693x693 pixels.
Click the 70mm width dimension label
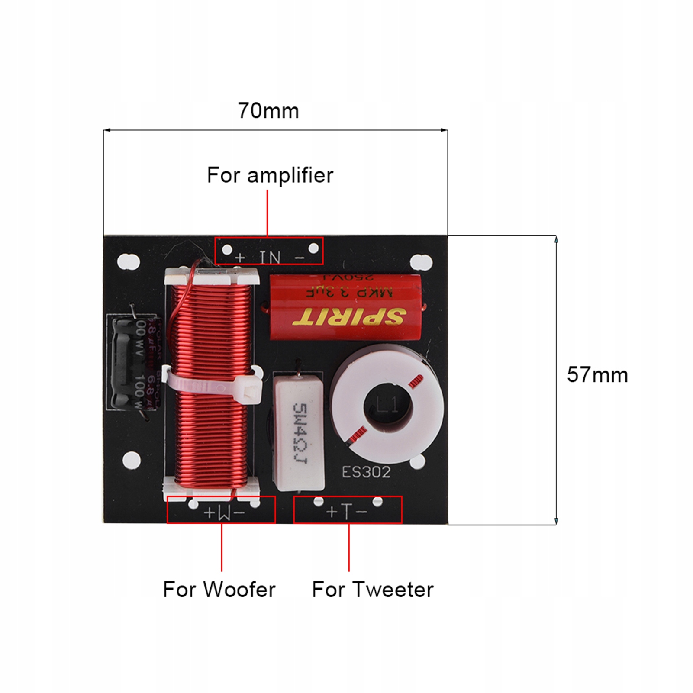pos(268,111)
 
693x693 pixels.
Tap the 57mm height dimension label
pos(597,375)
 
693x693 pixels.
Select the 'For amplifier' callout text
pos(270,175)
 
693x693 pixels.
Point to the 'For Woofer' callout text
pos(219,590)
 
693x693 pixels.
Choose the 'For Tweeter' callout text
pos(373,590)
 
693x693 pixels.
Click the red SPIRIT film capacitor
pos(345,306)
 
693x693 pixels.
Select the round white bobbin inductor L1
pos(388,404)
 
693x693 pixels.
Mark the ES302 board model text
pos(366,472)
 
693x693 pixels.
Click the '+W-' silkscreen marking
pos(224,512)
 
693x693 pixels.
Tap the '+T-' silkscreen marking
pos(347,512)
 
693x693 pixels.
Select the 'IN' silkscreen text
pos(270,258)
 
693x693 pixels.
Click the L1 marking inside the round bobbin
pos(387,406)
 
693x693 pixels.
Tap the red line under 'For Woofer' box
pos(222,547)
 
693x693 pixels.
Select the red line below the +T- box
pos(349,547)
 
